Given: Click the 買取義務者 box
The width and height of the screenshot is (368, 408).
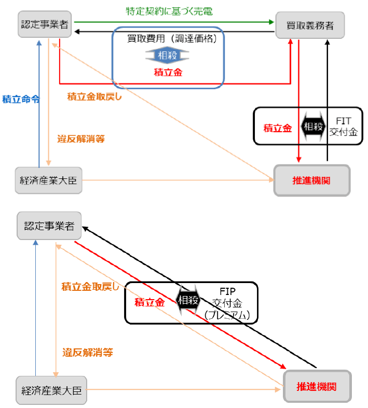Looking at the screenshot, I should [311, 24].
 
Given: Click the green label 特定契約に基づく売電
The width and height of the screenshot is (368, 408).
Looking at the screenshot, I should [169, 11].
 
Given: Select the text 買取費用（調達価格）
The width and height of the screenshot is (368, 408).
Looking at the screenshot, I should [172, 39].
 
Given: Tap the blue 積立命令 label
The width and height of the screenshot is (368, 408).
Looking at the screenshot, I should [21, 99].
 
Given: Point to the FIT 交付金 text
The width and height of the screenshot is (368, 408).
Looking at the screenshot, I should [343, 126].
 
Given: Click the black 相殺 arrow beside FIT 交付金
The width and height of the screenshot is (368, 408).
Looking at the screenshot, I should [314, 126].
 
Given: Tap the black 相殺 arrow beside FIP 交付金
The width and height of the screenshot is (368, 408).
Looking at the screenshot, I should [188, 300].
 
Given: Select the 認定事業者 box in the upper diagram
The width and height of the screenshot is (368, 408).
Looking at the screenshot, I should [45, 24].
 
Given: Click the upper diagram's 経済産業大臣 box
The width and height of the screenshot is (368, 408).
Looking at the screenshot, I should [49, 180].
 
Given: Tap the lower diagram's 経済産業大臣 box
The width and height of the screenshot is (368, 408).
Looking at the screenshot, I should [51, 389].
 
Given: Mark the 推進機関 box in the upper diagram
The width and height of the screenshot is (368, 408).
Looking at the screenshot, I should [311, 180].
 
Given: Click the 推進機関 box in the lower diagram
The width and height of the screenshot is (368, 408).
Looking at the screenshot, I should [317, 387].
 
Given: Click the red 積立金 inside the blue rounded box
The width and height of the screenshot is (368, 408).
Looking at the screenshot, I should [168, 72].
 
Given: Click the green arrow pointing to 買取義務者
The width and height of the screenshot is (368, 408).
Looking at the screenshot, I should [174, 22].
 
